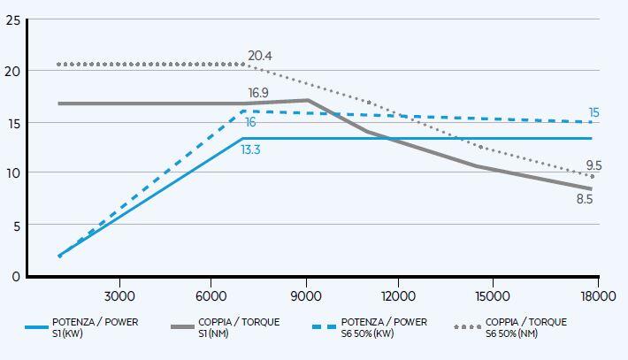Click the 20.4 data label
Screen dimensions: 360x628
point(259,56)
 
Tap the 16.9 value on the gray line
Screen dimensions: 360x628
point(259,93)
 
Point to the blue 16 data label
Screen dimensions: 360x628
point(251,122)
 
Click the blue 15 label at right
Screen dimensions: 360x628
point(594,112)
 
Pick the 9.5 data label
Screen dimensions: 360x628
point(594,165)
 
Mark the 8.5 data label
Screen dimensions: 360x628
point(584,200)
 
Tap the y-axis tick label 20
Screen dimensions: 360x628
point(12,71)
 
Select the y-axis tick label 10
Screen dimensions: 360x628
point(12,173)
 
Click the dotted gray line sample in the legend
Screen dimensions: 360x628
point(471,327)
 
